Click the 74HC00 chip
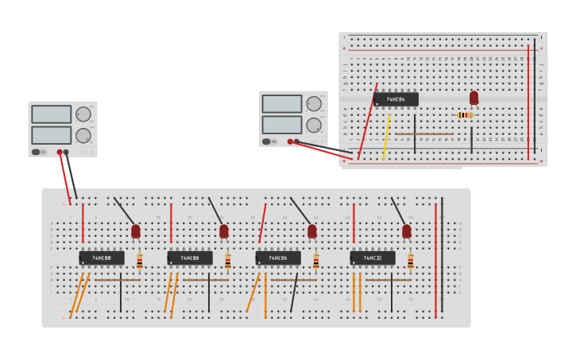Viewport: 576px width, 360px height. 102,258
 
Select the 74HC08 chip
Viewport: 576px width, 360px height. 190,258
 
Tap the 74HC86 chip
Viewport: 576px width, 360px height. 278,258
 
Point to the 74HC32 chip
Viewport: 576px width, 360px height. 373,258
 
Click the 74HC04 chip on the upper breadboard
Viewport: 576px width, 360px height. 396,99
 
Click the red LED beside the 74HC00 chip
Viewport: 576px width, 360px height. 136,231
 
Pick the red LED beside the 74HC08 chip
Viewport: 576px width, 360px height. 224,231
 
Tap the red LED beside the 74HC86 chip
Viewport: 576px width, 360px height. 312,231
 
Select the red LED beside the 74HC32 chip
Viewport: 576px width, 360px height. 407,231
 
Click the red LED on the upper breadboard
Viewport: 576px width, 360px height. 474,98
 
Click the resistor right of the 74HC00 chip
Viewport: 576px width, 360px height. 140,261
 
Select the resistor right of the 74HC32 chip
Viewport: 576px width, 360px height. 411,261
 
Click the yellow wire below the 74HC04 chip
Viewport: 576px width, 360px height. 386,137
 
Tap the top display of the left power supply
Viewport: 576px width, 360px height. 52,114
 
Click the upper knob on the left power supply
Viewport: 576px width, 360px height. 83,114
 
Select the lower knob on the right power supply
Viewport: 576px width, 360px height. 314,125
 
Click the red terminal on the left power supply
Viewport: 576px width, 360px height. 60,152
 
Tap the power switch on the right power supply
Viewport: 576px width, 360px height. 266,142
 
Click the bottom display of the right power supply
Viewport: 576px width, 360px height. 282,125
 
